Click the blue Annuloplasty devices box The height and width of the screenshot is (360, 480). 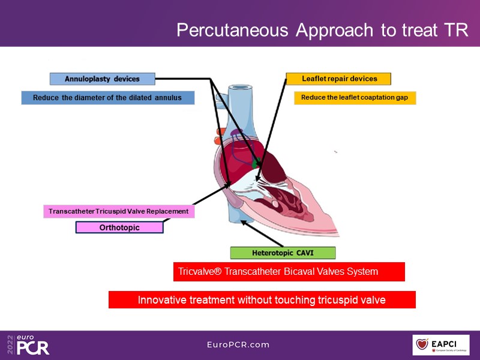[102, 79]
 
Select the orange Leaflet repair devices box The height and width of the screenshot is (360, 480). [339, 79]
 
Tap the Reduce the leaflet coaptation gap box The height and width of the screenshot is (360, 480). [355, 97]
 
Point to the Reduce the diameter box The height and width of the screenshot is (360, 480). [108, 97]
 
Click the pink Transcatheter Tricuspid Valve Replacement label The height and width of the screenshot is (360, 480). [119, 211]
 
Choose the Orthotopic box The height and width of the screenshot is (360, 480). [119, 227]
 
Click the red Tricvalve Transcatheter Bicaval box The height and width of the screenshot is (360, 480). [289, 271]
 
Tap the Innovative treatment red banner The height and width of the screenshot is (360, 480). [262, 299]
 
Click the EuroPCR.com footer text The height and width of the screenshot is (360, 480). [238, 344]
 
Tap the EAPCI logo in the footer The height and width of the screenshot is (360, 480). [441, 344]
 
